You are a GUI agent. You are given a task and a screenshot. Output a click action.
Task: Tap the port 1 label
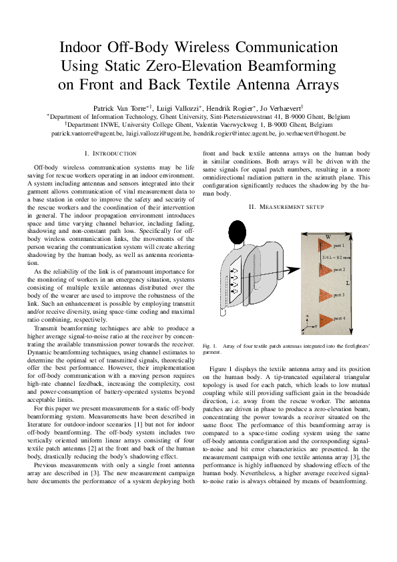[339, 246]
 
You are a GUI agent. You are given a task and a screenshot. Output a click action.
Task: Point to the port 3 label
[339, 294]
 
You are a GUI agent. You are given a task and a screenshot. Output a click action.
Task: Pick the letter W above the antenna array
[328, 237]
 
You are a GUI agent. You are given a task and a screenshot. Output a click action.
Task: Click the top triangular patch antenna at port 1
[326, 246]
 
